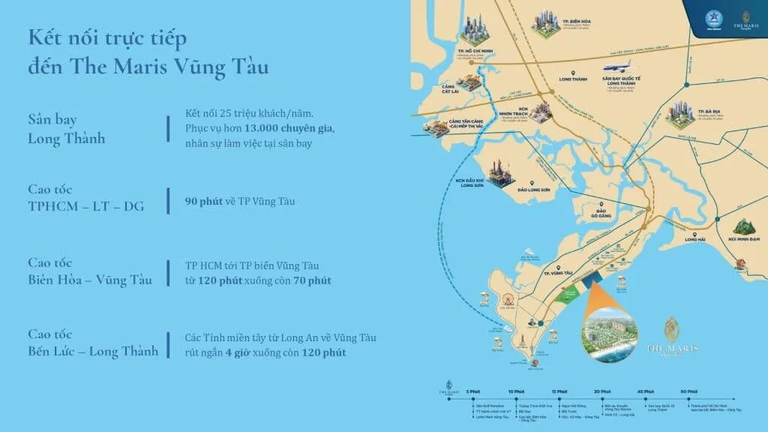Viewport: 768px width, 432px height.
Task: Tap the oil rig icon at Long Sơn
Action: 500,175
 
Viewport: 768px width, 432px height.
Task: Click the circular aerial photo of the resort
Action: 608,332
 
